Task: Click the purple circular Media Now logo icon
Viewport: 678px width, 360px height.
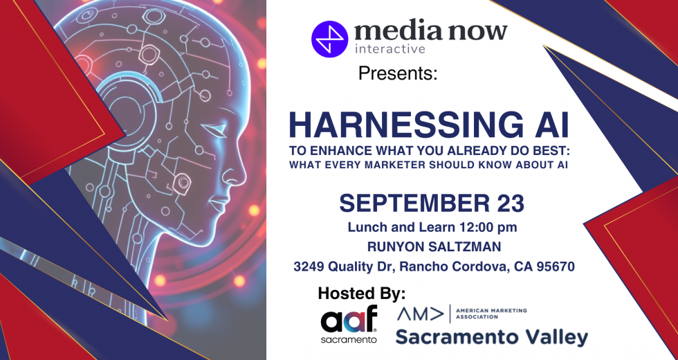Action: point(329,39)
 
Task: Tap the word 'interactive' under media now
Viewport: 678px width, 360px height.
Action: point(390,49)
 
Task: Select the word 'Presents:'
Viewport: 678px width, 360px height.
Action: point(398,73)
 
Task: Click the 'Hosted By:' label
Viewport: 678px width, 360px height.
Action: point(362,294)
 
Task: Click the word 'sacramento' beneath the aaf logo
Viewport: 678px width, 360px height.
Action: point(349,340)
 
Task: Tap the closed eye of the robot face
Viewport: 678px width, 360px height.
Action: point(216,128)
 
